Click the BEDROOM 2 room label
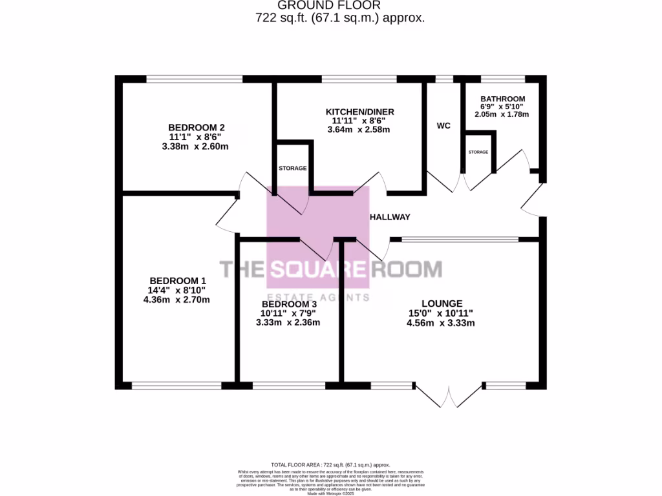tap(197, 127)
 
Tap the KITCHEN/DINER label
tap(359, 112)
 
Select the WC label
tap(443, 125)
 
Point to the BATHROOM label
tap(502, 99)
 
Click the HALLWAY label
tap(390, 217)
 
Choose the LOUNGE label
tap(442, 303)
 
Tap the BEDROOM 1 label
tap(178, 280)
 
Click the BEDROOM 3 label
tap(289, 304)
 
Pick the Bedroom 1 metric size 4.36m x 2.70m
tap(178, 300)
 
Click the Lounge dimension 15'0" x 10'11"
tap(442, 313)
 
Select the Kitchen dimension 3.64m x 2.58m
tap(359, 130)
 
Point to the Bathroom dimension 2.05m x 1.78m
tap(502, 115)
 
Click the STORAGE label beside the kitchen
tap(292, 168)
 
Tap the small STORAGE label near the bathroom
tap(478, 152)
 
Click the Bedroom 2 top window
tap(194, 79)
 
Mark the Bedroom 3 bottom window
tap(289, 386)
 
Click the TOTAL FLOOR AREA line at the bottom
tap(331, 464)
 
